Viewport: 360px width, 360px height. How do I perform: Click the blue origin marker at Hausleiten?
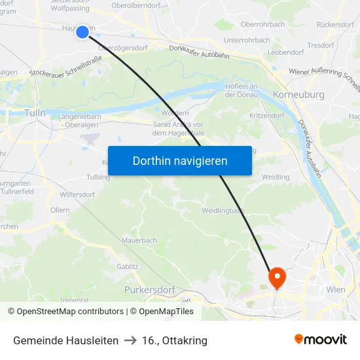(x=82, y=32)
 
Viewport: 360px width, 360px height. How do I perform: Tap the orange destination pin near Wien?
(x=278, y=278)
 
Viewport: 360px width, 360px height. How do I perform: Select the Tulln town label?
(x=35, y=113)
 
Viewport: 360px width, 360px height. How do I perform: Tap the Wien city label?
(x=336, y=289)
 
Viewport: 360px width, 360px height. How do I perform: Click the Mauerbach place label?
(x=139, y=240)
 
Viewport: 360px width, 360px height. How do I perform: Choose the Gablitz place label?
(x=127, y=266)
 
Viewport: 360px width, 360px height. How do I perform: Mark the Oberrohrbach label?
(x=262, y=24)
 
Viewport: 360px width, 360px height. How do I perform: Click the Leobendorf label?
(x=286, y=52)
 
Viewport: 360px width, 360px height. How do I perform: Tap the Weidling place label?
(x=275, y=177)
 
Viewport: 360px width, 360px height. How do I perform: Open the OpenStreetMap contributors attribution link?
(x=67, y=312)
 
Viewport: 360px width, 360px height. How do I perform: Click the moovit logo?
(x=320, y=340)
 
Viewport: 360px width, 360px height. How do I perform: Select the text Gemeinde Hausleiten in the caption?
(x=65, y=340)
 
